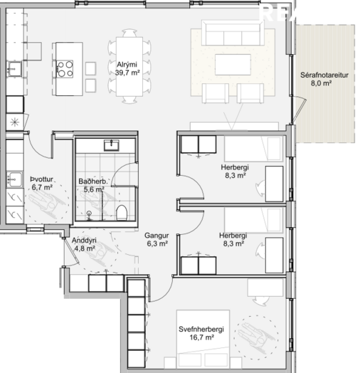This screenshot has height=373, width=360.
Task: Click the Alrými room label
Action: click(x=127, y=65)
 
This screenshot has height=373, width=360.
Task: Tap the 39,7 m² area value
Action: click(x=127, y=73)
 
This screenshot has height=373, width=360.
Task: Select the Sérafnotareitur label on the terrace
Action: click(x=324, y=75)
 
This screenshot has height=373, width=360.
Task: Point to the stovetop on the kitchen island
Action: click(x=65, y=69)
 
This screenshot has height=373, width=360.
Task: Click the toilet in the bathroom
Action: click(x=122, y=213)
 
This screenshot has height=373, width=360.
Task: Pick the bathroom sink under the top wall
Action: click(x=111, y=145)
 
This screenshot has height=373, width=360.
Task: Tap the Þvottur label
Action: click(x=41, y=179)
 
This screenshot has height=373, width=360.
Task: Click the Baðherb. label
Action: click(x=92, y=182)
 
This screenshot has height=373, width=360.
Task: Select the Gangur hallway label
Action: click(x=157, y=236)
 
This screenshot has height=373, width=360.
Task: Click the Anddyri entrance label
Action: click(x=84, y=241)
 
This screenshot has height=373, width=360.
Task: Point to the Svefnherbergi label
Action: click(x=201, y=330)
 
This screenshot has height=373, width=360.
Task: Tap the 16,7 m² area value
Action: click(x=202, y=337)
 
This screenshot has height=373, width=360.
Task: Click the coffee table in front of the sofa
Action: click(x=233, y=65)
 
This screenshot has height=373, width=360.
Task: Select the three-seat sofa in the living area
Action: click(x=233, y=33)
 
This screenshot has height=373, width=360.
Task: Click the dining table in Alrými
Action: click(x=129, y=67)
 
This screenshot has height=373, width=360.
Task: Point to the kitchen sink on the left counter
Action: click(x=15, y=69)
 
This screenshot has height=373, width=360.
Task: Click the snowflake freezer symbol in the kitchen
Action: click(x=14, y=122)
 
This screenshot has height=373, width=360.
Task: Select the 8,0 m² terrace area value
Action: click(x=322, y=83)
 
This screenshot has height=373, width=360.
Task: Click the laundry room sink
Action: click(x=14, y=179)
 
